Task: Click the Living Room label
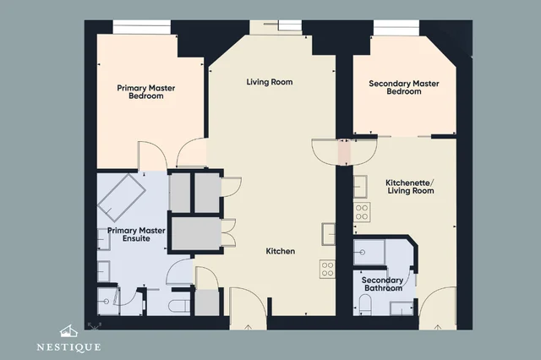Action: click(270, 82)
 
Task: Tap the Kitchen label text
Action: click(280, 251)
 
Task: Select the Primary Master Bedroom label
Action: click(146, 92)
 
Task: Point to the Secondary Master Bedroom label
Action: click(404, 87)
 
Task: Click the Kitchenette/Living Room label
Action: click(410, 187)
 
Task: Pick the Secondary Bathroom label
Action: click(383, 284)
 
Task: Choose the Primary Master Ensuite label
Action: click(136, 234)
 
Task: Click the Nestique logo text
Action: click(68, 346)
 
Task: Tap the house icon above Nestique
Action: click(68, 331)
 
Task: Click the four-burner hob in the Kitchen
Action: click(327, 269)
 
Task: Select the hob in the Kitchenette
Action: click(362, 211)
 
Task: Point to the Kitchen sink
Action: click(328, 234)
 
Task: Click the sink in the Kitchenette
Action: click(360, 187)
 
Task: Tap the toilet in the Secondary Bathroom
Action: click(365, 304)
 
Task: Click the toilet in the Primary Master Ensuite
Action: click(179, 306)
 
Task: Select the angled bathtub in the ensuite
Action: click(122, 197)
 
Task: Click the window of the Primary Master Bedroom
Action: click(142, 27)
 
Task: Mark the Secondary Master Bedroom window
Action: click(396, 28)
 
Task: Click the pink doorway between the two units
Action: click(344, 152)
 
